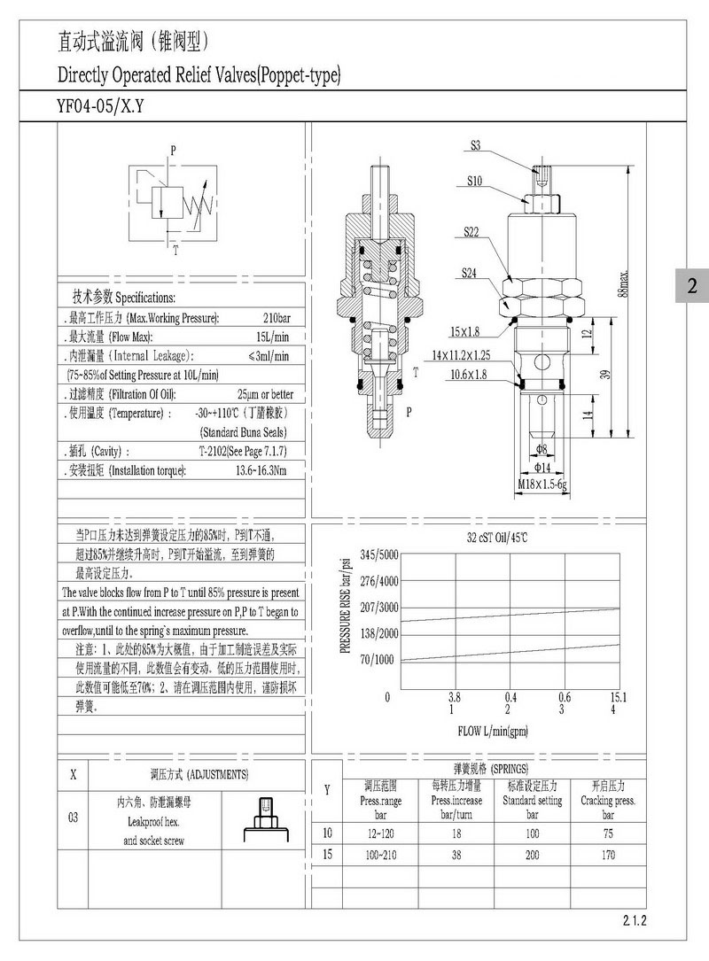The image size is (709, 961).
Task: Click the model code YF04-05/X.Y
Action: [x=100, y=106]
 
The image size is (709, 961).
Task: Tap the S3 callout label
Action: [x=476, y=146]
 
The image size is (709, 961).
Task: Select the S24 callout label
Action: [x=469, y=273]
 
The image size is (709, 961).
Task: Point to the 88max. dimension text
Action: [x=624, y=284]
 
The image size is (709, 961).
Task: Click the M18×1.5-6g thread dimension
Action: [x=542, y=484]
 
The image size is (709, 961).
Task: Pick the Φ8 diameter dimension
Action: [x=541, y=449]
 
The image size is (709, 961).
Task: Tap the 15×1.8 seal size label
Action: [x=465, y=332]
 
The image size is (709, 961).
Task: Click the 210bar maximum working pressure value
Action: [x=277, y=318]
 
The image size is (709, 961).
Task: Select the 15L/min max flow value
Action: [x=272, y=337]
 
